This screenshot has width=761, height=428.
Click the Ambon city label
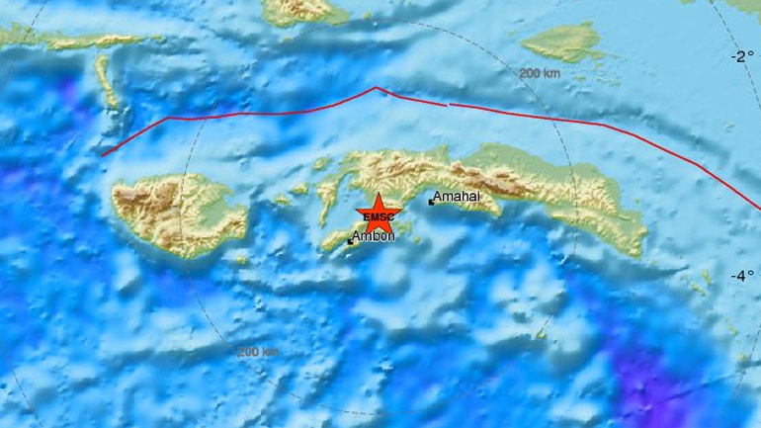coord(375,236)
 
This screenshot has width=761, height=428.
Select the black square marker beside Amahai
coord(431,202)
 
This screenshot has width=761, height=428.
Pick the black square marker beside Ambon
coord(350,238)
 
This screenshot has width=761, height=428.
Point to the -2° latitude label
coord(741,56)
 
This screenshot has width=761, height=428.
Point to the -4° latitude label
coord(741,276)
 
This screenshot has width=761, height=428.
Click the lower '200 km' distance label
coord(257,351)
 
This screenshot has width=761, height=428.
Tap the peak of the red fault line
coord(377,88)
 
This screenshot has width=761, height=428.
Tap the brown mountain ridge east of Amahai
coord(504,179)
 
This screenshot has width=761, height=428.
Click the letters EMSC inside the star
coord(377,217)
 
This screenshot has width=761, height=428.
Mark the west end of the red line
coord(103,155)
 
